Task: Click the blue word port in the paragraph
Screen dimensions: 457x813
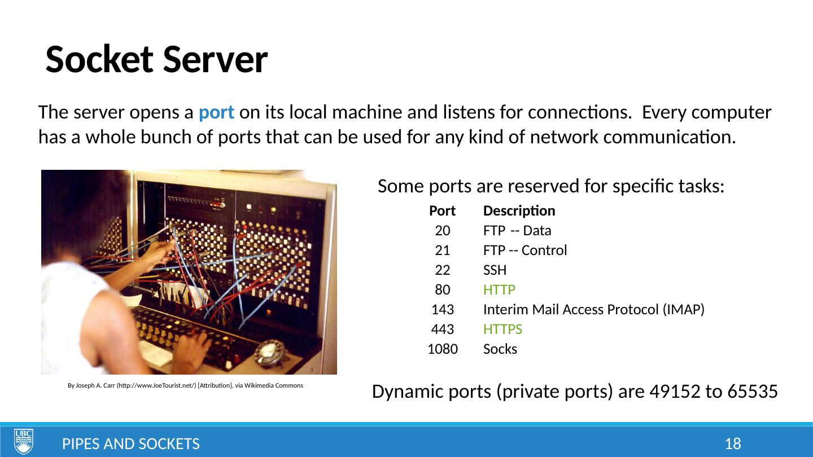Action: [217, 113]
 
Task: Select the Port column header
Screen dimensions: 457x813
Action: [442, 211]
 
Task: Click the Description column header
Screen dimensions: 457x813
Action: [519, 211]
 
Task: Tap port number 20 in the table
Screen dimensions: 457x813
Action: [443, 231]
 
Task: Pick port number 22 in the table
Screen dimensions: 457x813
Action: [443, 270]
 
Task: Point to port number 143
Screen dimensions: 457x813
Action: [443, 310]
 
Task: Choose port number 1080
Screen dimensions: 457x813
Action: [443, 349]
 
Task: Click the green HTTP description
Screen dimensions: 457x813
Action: [499, 290]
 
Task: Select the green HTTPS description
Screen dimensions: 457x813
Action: [502, 329]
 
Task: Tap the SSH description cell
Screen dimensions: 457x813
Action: [495, 270]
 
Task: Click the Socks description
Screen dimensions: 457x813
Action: [500, 349]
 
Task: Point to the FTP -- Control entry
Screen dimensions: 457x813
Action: [525, 251]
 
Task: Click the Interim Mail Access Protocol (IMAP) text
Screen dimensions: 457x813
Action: [593, 310]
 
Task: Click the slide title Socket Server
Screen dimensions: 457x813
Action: [156, 59]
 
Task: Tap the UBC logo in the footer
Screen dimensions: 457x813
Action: [24, 441]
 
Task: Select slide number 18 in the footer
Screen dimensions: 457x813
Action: [732, 444]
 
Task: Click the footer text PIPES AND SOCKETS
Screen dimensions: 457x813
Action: [130, 444]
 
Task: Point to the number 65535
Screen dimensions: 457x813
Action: [753, 391]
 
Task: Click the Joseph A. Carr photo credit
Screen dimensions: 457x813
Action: [185, 386]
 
